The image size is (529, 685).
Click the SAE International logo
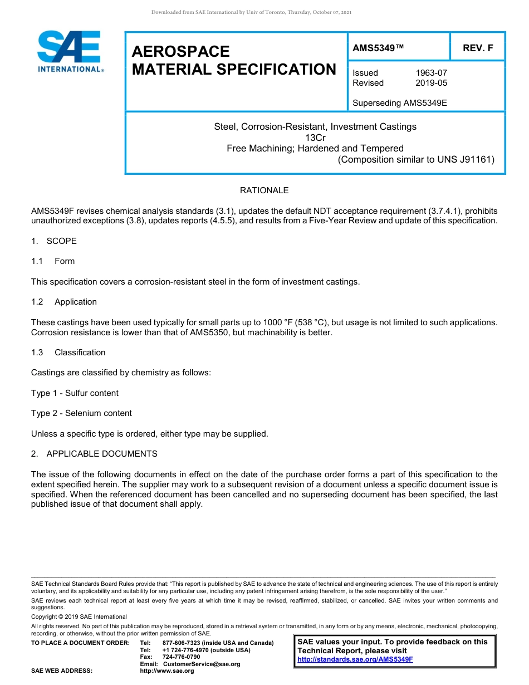point(69,51)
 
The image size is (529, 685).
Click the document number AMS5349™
point(378,48)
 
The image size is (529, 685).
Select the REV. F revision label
point(478,48)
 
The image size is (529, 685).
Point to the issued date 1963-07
point(431,73)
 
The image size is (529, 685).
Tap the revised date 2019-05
point(431,83)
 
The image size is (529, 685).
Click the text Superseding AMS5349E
point(400,103)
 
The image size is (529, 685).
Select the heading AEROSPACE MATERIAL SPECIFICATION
point(234,61)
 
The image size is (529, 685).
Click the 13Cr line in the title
point(315,138)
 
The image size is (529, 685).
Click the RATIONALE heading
point(264,190)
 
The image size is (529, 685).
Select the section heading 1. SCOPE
point(54,241)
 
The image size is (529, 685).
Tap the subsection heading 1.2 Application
point(64,302)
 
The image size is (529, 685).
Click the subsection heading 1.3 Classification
point(68,353)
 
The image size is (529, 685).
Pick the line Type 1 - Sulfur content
point(75,393)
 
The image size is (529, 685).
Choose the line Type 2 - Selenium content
point(81,413)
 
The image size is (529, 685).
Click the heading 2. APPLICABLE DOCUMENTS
point(94,454)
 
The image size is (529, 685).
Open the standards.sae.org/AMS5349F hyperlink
point(355,659)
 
